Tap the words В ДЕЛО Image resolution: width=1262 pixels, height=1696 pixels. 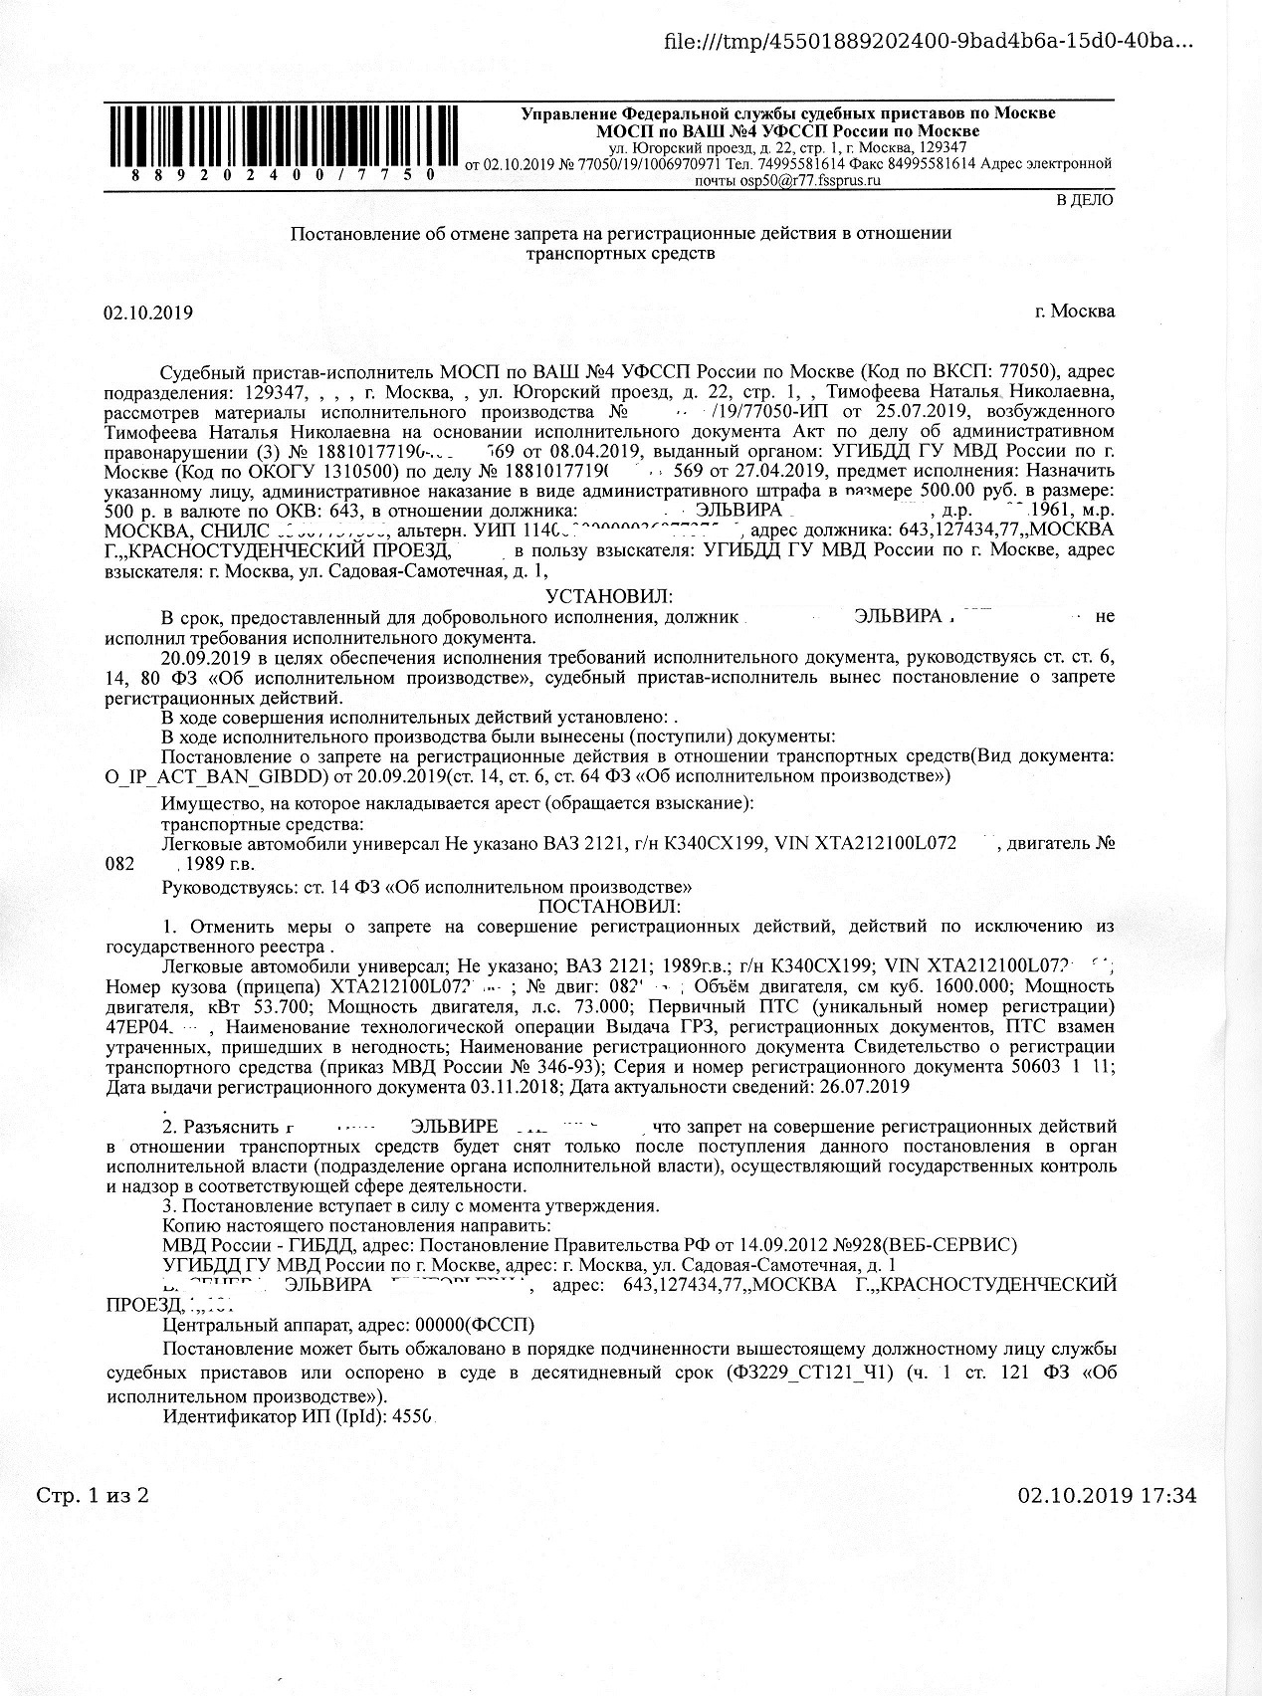1085,200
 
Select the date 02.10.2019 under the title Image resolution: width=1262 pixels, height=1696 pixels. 147,313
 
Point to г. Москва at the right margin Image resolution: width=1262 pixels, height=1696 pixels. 1075,311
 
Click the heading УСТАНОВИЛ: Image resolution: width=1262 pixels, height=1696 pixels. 609,596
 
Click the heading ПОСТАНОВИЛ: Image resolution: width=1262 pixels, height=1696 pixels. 609,906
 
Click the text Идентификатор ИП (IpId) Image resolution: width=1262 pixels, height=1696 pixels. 274,1415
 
